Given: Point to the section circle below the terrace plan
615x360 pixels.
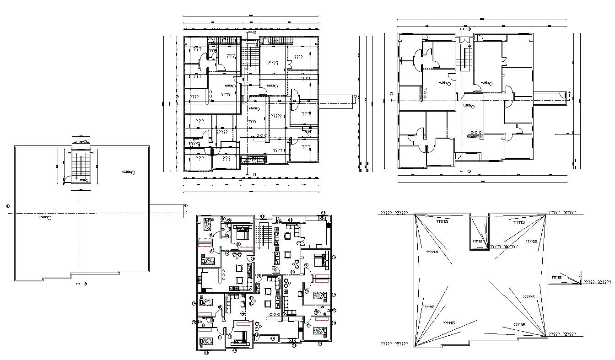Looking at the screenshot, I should pos(85,284).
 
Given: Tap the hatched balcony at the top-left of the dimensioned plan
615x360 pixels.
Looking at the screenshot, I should pos(224,41).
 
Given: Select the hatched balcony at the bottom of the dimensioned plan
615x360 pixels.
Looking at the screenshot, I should pos(254,160).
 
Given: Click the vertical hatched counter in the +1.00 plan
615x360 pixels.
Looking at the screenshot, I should pos(421,94).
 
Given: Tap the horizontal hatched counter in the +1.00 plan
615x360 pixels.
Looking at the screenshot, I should pos(475,135).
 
